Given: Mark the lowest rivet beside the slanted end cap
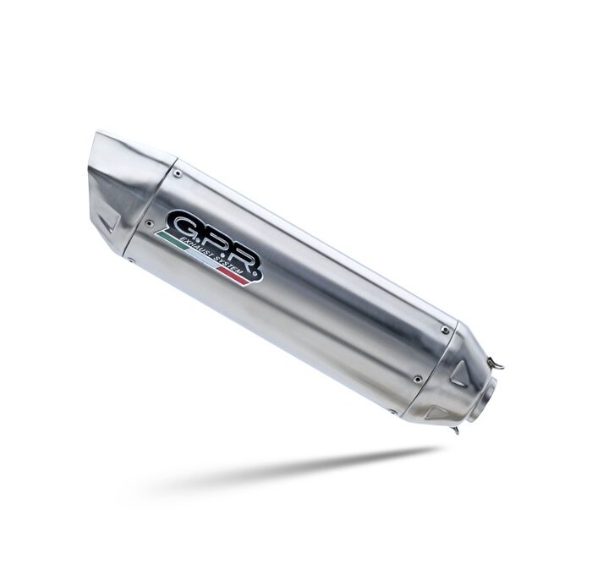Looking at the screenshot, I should coord(132,260).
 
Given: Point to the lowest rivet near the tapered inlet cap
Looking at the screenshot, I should coord(393,411).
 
